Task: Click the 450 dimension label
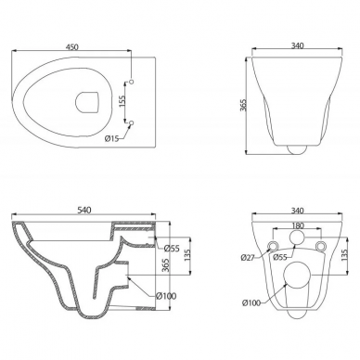(x=72, y=46)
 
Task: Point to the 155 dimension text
(x=122, y=101)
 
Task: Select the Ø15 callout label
(x=111, y=138)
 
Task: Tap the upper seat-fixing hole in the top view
(x=131, y=82)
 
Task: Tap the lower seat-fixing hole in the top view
(x=131, y=123)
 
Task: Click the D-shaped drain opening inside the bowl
(x=87, y=102)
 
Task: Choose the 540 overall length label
(x=84, y=210)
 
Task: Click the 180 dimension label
(x=298, y=225)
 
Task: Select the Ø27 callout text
(x=248, y=257)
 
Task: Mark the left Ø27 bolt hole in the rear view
(x=273, y=246)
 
